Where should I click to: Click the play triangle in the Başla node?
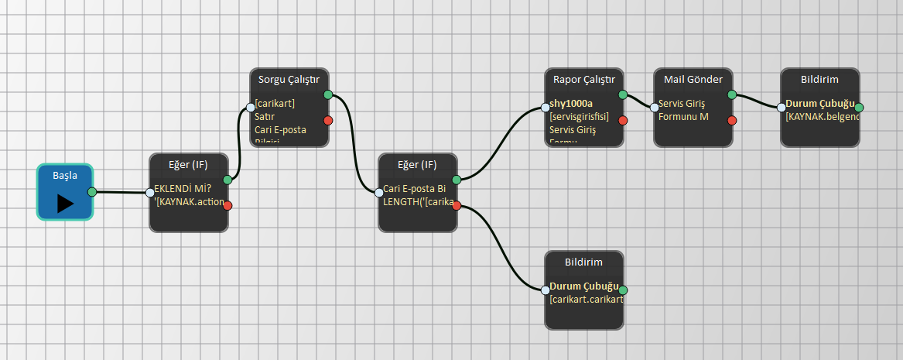pyautogui.click(x=65, y=203)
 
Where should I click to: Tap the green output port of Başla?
pyautogui.click(x=92, y=192)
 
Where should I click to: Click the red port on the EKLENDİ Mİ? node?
pyautogui.click(x=227, y=205)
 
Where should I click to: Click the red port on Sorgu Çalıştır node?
pyautogui.click(x=328, y=120)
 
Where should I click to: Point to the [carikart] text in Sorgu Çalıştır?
pyautogui.click(x=275, y=103)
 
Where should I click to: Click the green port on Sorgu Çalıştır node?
pyautogui.click(x=328, y=94)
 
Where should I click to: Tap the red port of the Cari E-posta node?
pyautogui.click(x=457, y=205)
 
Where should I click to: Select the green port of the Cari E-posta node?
pyautogui.click(x=457, y=180)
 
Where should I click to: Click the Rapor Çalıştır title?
pyautogui.click(x=584, y=79)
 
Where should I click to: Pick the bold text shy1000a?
pyautogui.click(x=571, y=103)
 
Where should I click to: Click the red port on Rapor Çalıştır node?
pyautogui.click(x=623, y=120)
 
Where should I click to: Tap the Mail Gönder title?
pyautogui.click(x=693, y=79)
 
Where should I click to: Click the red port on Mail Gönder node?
pyautogui.click(x=732, y=120)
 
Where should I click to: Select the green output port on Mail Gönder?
pyautogui.click(x=732, y=94)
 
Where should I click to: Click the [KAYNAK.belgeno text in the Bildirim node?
pyautogui.click(x=820, y=117)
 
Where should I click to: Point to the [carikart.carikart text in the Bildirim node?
pyautogui.click(x=586, y=300)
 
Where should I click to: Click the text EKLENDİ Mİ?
pyautogui.click(x=183, y=188)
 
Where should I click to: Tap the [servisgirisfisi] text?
pyautogui.click(x=579, y=117)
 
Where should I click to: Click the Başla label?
pyautogui.click(x=65, y=176)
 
